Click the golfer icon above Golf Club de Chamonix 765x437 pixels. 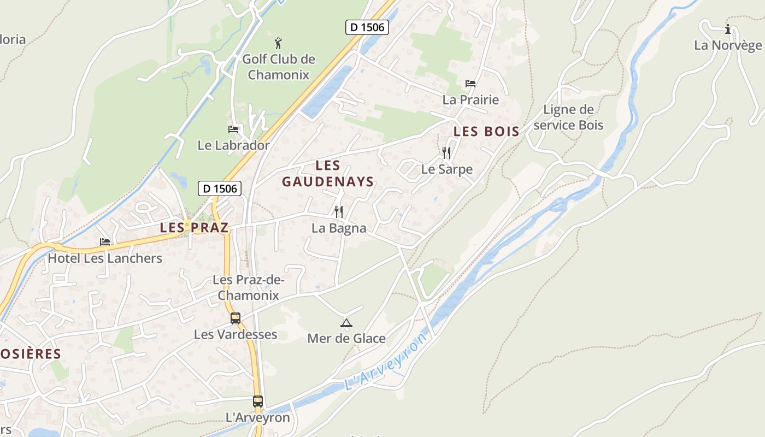[279, 43]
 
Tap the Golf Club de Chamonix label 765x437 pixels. [279, 67]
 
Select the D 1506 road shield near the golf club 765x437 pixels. [367, 27]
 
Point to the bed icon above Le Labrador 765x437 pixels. [234, 129]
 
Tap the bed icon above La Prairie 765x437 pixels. [470, 84]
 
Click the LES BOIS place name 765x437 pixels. [486, 132]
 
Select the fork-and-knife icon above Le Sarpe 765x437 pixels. [446, 152]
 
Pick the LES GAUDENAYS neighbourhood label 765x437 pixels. [328, 174]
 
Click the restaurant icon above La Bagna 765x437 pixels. [339, 211]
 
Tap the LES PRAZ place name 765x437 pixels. [194, 228]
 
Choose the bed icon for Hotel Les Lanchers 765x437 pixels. [105, 242]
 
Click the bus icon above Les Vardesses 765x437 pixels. [236, 318]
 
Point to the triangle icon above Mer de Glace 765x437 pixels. [346, 323]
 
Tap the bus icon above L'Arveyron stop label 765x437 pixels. [258, 401]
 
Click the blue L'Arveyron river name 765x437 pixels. [386, 362]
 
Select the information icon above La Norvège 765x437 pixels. [727, 29]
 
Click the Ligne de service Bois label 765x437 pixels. [568, 117]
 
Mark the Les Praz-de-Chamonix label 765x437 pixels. [249, 287]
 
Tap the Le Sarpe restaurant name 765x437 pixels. [446, 169]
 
